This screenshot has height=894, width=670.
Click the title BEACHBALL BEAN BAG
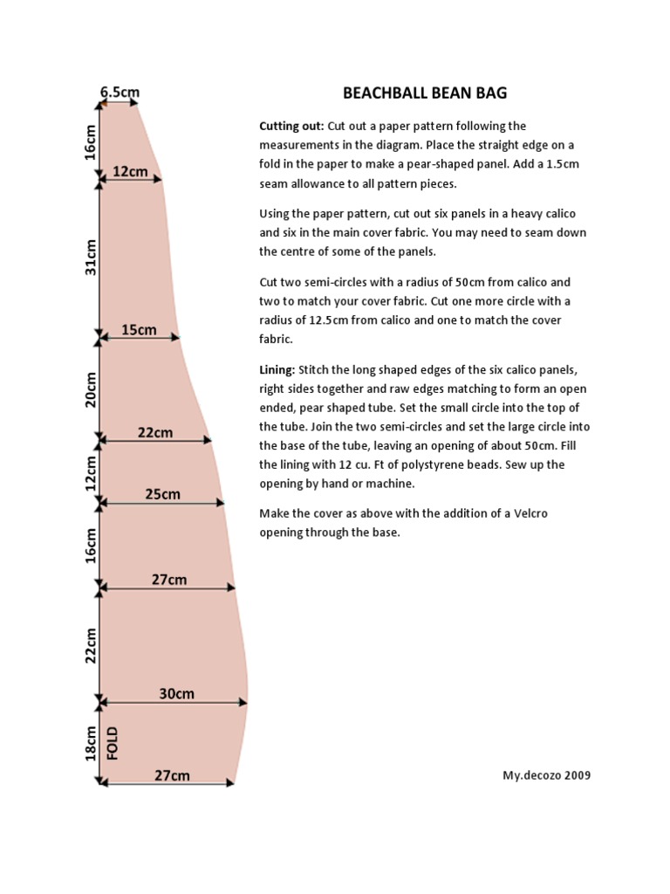tap(425, 93)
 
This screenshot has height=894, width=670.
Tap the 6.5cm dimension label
tap(120, 92)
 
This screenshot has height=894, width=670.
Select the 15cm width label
tap(139, 329)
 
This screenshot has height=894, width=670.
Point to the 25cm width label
tap(162, 494)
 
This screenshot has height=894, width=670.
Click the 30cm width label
tap(176, 693)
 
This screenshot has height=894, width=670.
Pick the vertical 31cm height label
tap(91, 258)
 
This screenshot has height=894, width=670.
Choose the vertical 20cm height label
tap(91, 389)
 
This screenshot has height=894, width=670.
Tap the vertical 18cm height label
tap(91, 743)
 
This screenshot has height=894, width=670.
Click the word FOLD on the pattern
tap(113, 743)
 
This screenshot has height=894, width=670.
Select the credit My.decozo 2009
tap(546, 775)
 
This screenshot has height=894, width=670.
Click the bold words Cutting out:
tap(291, 126)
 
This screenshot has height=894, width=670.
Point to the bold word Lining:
tap(277, 370)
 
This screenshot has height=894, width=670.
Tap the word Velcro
tap(530, 513)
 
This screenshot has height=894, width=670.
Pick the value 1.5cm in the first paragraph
tap(563, 164)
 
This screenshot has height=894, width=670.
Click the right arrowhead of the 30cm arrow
tap(243, 703)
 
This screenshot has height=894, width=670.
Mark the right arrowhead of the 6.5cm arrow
tap(133, 103)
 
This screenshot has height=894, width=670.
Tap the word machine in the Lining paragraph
tap(391, 484)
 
